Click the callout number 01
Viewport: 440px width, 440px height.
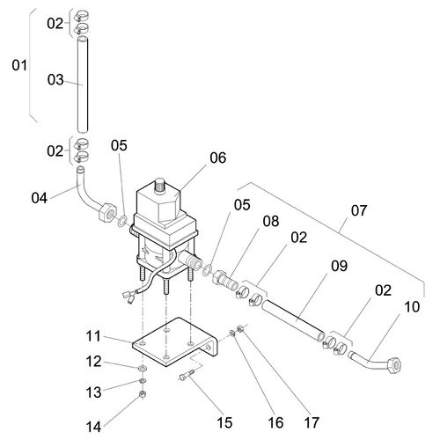pos(19,65)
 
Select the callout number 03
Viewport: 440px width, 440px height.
pos(55,79)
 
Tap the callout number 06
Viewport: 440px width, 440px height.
pos(218,158)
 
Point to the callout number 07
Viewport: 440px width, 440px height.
pos(359,210)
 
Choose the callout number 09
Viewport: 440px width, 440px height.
pos(340,266)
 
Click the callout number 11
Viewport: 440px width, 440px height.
pos(93,336)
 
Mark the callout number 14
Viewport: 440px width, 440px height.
pos(93,427)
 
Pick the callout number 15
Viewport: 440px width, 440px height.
pos(224,422)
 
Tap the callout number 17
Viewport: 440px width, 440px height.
pos(312,422)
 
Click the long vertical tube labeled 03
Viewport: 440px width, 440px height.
pos(83,84)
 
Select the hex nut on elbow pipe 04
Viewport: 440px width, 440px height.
pos(106,213)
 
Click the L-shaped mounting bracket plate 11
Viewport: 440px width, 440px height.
pos(175,342)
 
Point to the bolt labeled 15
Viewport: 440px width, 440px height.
pos(187,375)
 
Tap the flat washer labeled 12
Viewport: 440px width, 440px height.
pos(143,368)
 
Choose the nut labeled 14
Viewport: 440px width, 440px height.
pos(143,394)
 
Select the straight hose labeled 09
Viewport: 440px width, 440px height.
pos(293,320)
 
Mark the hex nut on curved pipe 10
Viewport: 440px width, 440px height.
pos(394,365)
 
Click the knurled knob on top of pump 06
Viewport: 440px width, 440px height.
pos(160,184)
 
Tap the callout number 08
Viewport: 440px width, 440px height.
pos(271,221)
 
